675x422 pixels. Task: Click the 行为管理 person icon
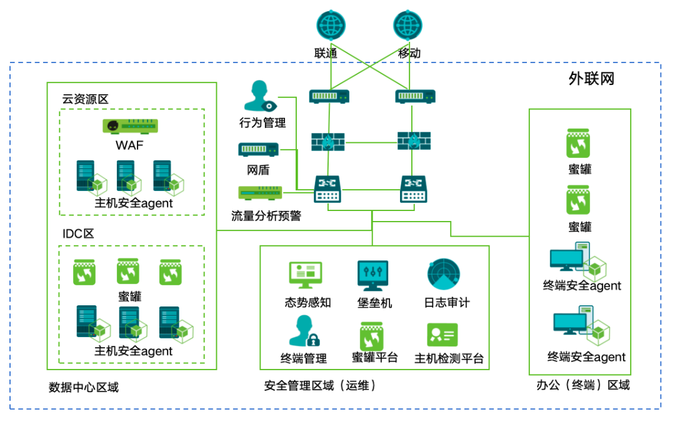click(x=259, y=96)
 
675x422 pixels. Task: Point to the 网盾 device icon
click(x=258, y=149)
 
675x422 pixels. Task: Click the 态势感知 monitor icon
click(x=306, y=275)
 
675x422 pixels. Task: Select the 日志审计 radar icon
click(x=444, y=275)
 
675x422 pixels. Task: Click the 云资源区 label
click(x=85, y=99)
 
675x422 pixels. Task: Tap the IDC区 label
click(x=78, y=234)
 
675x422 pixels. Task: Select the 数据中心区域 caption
click(x=83, y=387)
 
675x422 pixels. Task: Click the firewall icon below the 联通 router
click(x=328, y=141)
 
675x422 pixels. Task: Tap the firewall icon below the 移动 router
click(x=414, y=141)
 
